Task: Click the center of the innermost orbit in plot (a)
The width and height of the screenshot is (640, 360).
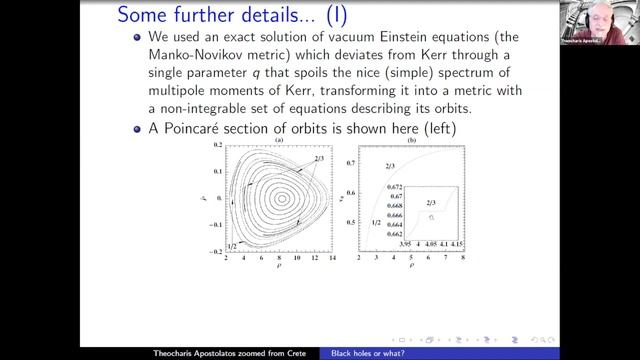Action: (282, 199)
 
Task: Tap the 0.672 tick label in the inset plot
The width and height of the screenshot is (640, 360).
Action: (397, 188)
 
